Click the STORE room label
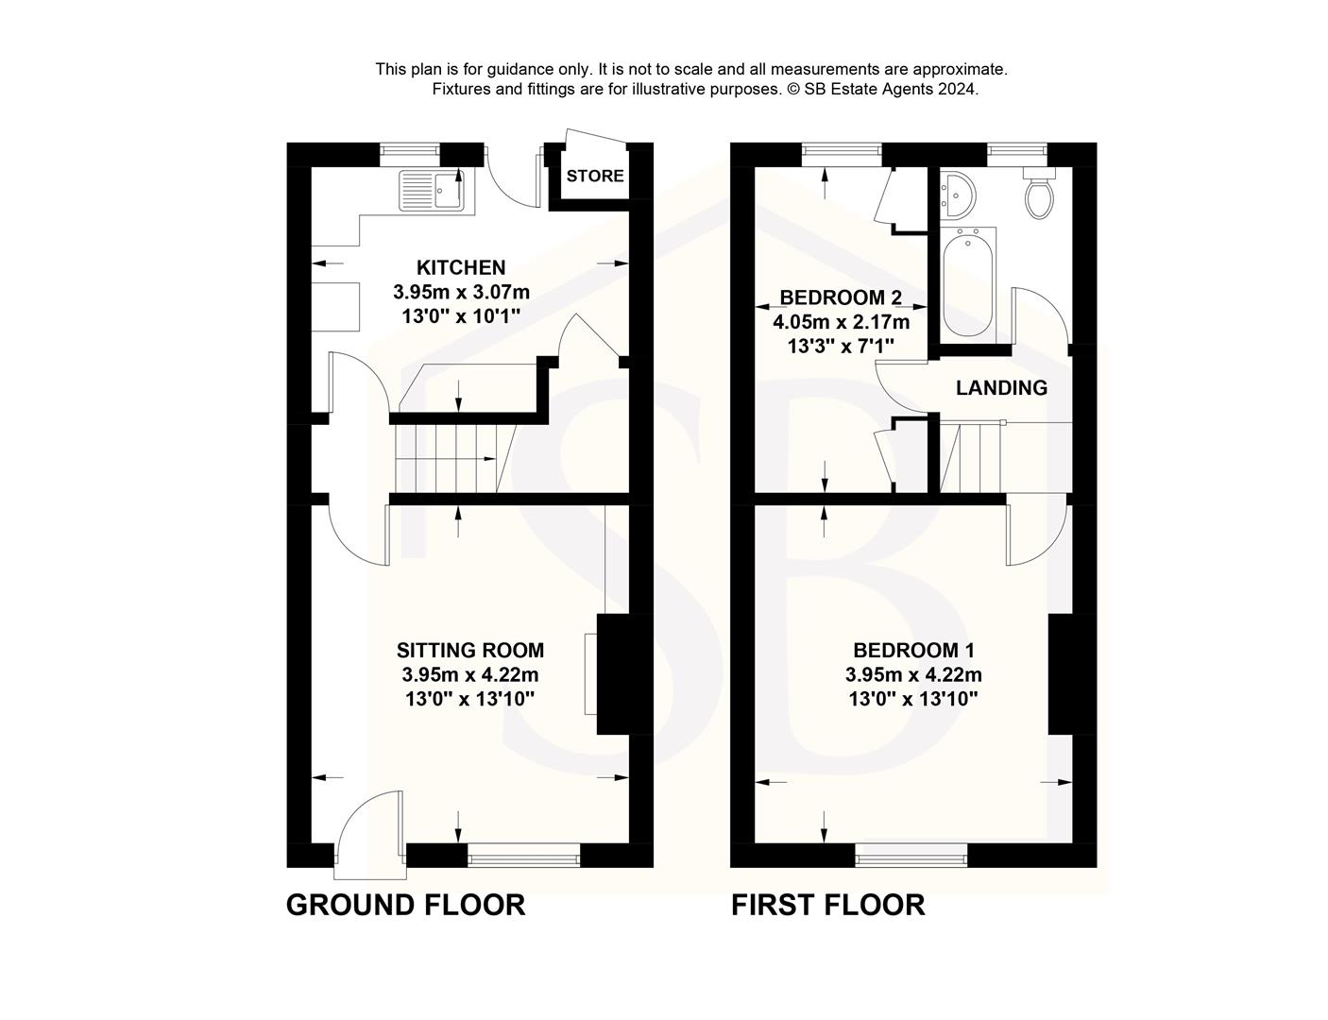click(x=595, y=176)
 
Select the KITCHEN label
click(x=462, y=268)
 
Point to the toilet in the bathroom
click(x=1038, y=195)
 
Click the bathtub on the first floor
click(x=968, y=284)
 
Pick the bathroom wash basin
click(x=956, y=195)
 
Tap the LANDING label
click(x=1001, y=387)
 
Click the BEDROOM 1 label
click(x=913, y=650)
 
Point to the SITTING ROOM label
click(x=470, y=650)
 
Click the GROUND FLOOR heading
click(x=405, y=905)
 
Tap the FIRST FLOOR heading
click(x=828, y=905)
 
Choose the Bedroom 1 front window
click(x=911, y=857)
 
